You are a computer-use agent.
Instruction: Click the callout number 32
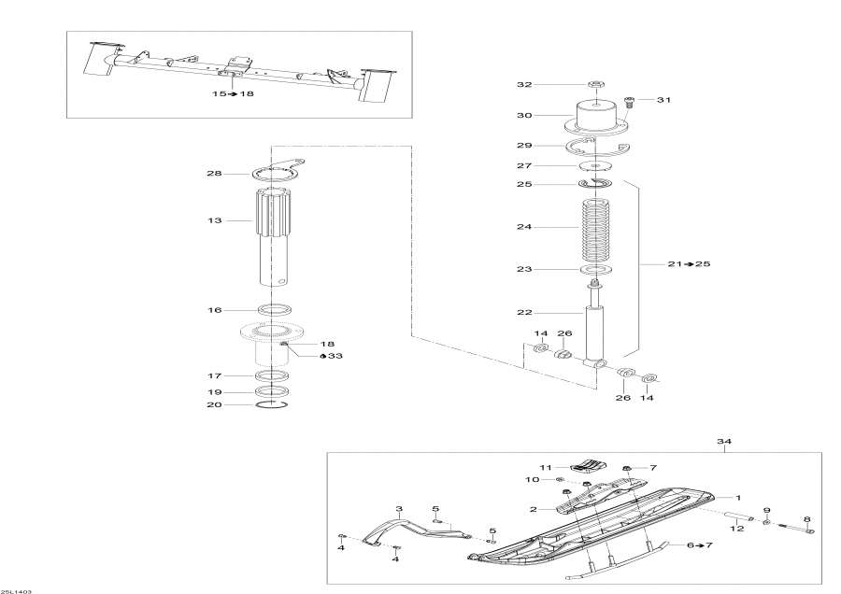[524, 85]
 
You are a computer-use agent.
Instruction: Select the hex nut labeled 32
[595, 85]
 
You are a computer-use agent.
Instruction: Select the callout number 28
[214, 174]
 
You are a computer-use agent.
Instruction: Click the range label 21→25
[691, 264]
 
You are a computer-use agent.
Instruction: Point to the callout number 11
[546, 467]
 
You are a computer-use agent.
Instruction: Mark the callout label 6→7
[698, 544]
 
